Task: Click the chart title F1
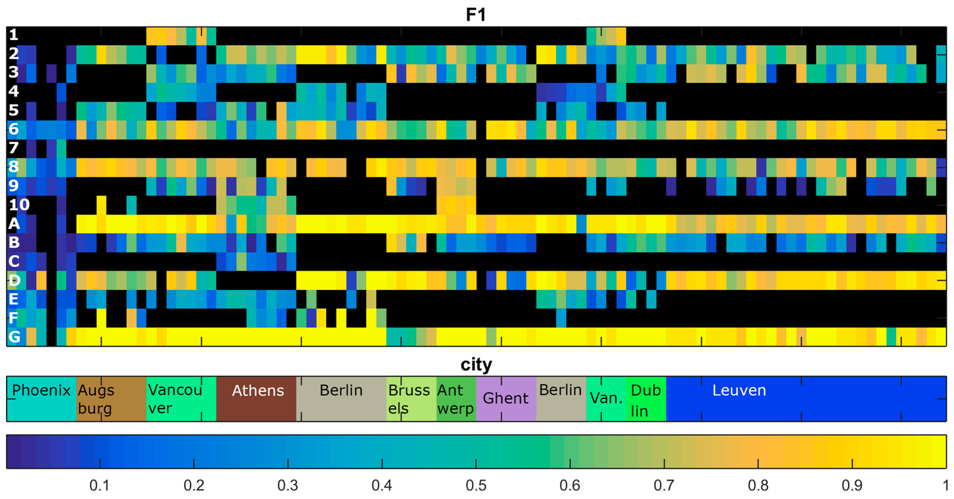pyautogui.click(x=476, y=15)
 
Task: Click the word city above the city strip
pyautogui.click(x=476, y=365)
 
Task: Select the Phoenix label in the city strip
pyautogui.click(x=41, y=390)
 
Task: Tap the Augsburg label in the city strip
pyautogui.click(x=96, y=399)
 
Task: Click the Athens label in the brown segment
pyautogui.click(x=258, y=390)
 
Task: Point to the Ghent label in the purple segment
pyautogui.click(x=506, y=398)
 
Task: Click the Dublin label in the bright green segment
pyautogui.click(x=645, y=400)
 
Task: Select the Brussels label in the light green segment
pyautogui.click(x=409, y=399)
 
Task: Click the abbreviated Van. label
pyautogui.click(x=606, y=398)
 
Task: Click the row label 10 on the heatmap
pyautogui.click(x=19, y=205)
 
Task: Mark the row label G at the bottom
pyautogui.click(x=14, y=337)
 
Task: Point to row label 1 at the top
pyautogui.click(x=13, y=35)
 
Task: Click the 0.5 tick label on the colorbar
pyautogui.click(x=476, y=485)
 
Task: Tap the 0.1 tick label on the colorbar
pyautogui.click(x=99, y=485)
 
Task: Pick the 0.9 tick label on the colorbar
pyautogui.click(x=852, y=485)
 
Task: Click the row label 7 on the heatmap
pyautogui.click(x=13, y=148)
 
